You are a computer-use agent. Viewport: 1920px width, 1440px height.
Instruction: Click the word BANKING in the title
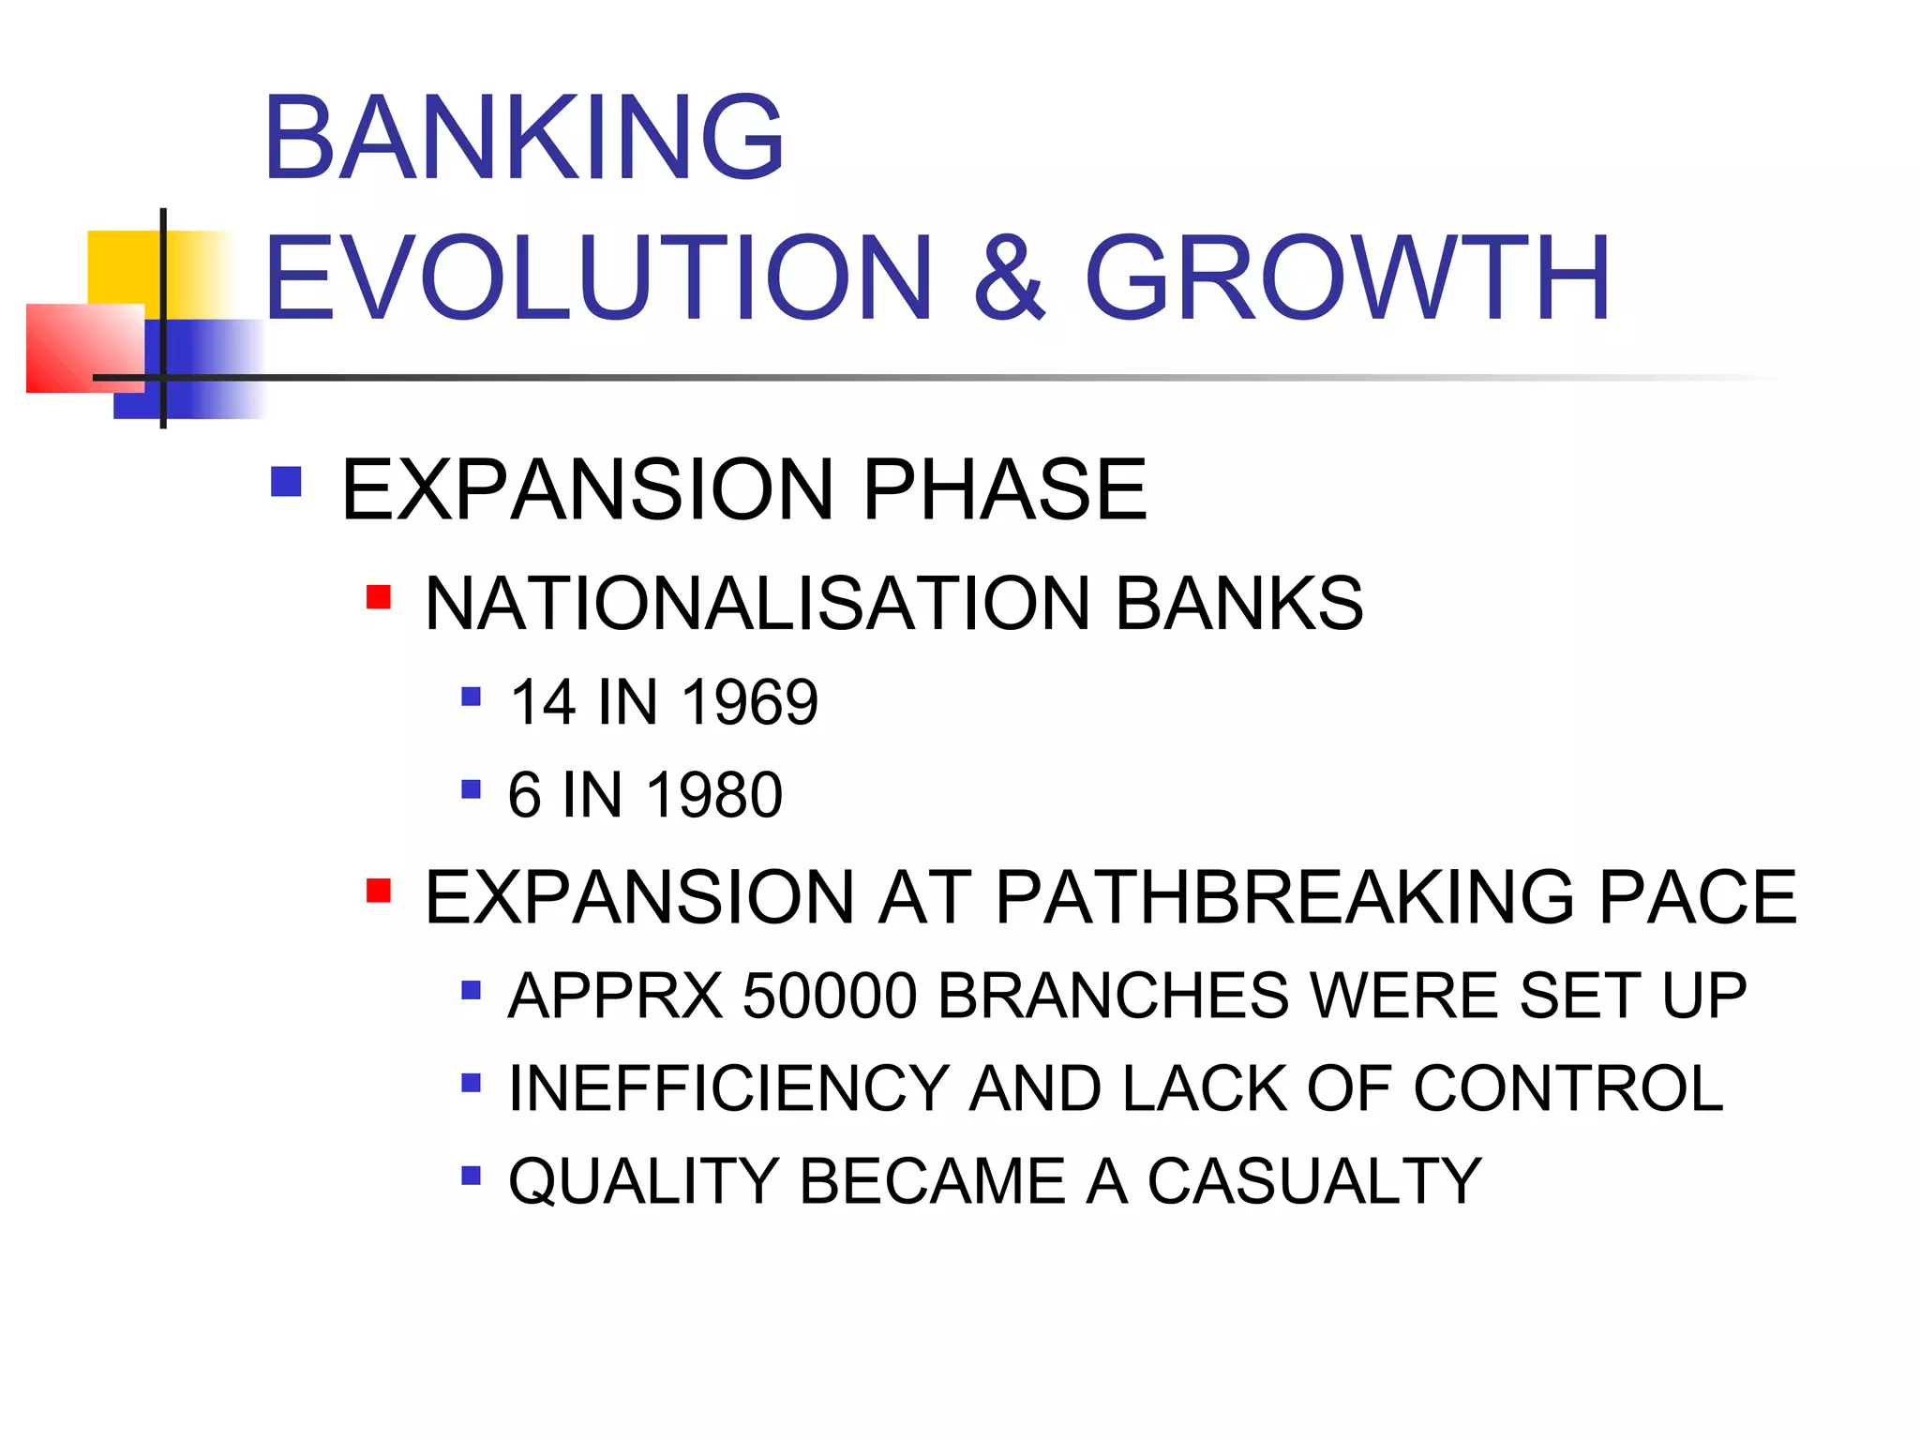(523, 138)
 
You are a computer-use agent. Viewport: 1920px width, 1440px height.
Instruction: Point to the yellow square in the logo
(122, 267)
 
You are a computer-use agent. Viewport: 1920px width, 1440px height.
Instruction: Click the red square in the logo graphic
(82, 348)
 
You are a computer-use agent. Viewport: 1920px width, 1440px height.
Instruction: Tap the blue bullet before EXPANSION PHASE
(286, 482)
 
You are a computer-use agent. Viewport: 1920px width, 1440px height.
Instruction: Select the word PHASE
(1004, 489)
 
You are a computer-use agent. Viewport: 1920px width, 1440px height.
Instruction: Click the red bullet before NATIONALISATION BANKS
(379, 597)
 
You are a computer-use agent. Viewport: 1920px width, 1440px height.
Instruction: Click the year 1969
(749, 702)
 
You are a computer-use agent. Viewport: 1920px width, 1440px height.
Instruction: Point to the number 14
(542, 702)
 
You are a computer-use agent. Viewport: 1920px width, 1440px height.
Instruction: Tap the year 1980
(714, 795)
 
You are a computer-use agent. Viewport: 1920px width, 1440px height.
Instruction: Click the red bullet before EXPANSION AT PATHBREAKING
(379, 890)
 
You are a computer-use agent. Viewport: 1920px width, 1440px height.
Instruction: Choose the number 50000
(830, 995)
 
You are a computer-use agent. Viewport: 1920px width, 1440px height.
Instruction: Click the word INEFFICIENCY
(729, 1088)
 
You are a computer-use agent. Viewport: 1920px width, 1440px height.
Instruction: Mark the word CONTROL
(1567, 1088)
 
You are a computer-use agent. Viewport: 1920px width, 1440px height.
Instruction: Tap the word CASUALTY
(1314, 1180)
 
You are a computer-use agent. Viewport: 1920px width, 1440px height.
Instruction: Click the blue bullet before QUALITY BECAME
(472, 1175)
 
